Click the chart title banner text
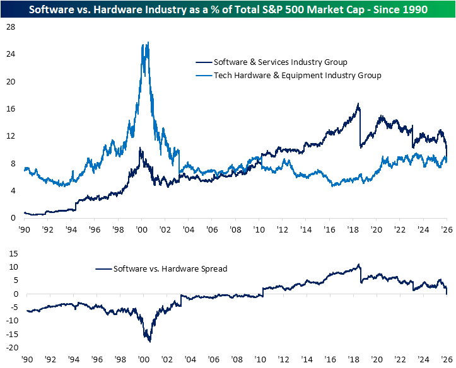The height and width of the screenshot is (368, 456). tap(228, 9)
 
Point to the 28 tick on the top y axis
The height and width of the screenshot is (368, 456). tap(11, 27)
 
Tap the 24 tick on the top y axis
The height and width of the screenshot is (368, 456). tap(11, 54)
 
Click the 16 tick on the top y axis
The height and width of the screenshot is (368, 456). tap(11, 109)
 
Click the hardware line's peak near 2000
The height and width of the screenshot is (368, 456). tap(148, 43)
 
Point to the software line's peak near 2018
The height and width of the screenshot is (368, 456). tap(359, 104)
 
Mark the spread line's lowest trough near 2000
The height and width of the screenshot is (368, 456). tap(150, 342)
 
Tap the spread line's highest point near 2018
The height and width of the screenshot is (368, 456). tap(359, 265)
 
